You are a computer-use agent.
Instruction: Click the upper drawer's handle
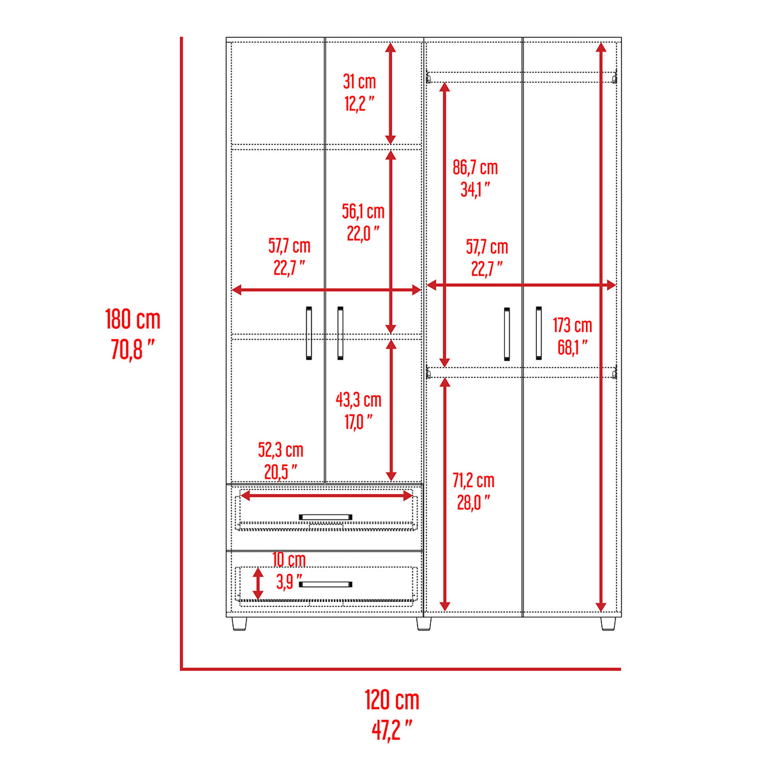[326, 517]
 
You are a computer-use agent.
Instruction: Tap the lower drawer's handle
[326, 584]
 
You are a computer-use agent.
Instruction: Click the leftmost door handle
[309, 333]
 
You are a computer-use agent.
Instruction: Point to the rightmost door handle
[539, 333]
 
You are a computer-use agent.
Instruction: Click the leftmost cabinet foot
[239, 624]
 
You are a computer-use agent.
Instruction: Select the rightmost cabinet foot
[608, 624]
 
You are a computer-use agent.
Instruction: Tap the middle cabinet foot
[423, 624]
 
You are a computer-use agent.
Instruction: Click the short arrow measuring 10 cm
[258, 583]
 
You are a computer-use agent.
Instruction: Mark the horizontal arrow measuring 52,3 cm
[326, 495]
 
